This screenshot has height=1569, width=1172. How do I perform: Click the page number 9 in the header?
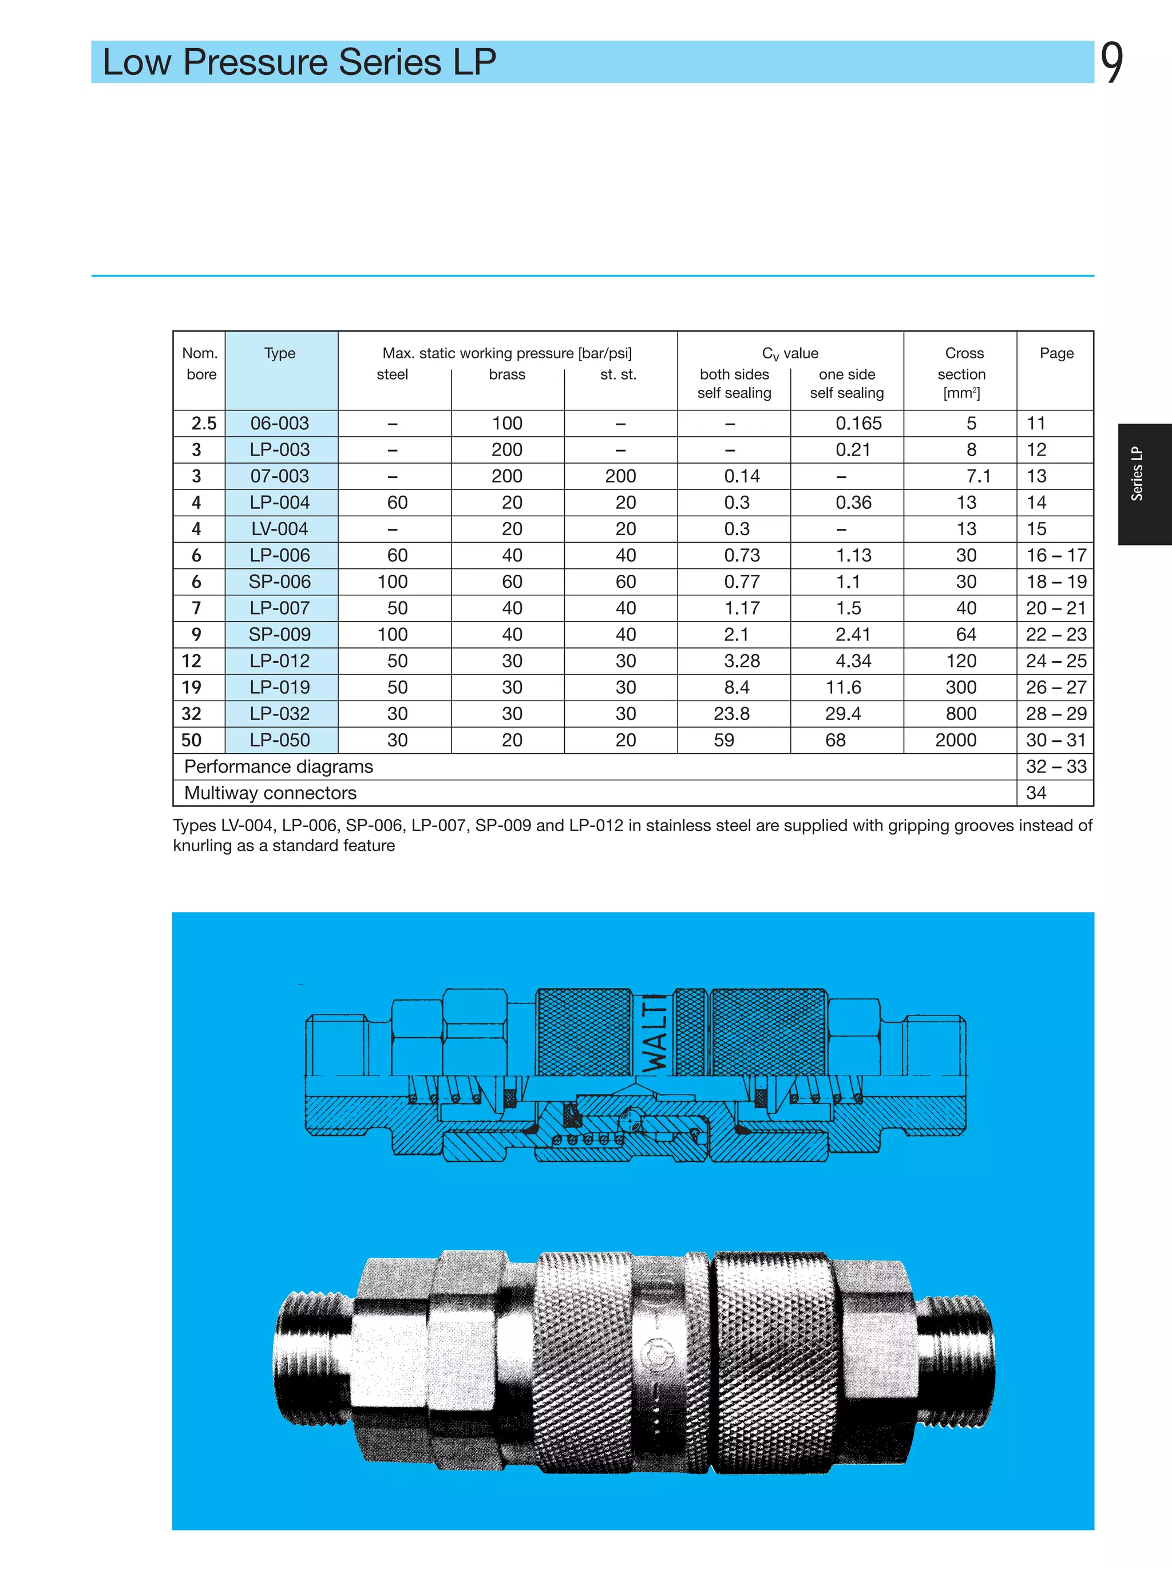pos(1112,62)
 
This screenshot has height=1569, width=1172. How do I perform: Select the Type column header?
pos(280,353)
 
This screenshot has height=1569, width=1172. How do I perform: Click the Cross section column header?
pos(963,373)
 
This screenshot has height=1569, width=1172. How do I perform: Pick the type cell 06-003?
pos(280,424)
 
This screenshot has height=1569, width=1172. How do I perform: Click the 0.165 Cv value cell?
pos(858,424)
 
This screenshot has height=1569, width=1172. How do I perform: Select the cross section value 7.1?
pos(978,476)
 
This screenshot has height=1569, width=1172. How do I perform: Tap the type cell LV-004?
pos(280,529)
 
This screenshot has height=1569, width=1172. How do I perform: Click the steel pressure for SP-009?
pos(392,634)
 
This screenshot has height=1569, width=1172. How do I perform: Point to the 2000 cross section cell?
pos(955,740)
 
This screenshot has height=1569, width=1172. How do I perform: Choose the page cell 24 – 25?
pos(1056,661)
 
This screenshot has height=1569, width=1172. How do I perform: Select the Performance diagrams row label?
pos(278,767)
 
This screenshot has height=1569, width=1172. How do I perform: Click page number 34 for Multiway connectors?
pos(1036,793)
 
